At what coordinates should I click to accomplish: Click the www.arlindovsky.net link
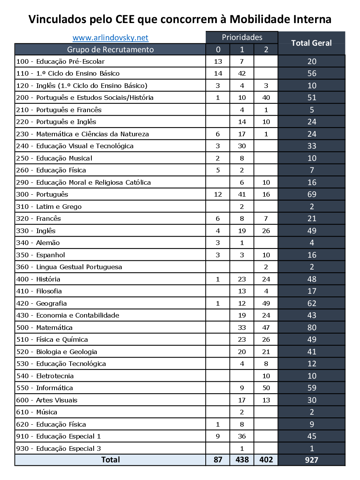110,38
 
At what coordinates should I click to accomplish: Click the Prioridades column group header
242,37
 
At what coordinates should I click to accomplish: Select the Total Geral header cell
311,43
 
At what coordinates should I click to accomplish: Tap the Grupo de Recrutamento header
110,50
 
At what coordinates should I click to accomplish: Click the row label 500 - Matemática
44,328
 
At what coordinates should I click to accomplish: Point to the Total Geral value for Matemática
312,328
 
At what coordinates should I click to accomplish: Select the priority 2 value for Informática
266,388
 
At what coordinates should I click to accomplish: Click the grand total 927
312,460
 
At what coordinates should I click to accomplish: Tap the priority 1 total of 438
242,460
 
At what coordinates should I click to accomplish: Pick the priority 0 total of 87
218,460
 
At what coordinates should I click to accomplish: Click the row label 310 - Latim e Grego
49,207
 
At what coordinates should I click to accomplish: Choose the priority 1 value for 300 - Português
242,194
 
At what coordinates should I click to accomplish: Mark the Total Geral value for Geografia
312,303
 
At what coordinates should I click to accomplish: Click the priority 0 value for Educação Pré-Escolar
218,61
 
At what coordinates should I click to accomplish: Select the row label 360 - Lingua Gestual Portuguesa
69,267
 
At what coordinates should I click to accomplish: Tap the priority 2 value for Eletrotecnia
266,376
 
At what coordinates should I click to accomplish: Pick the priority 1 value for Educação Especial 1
242,436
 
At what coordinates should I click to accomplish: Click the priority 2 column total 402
266,460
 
